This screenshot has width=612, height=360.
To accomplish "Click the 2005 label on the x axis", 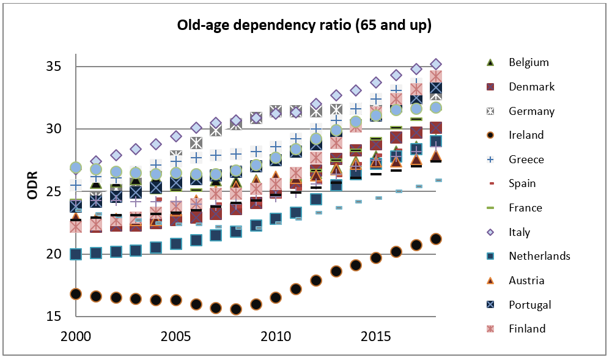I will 175,336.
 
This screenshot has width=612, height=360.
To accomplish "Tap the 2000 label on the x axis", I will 76,336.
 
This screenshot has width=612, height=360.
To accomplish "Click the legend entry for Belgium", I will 528,62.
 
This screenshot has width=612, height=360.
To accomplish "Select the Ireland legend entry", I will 526,135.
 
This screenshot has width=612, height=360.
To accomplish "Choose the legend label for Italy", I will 519,232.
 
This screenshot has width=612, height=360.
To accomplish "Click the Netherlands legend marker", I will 489,256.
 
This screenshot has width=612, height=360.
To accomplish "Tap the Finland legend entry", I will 527,329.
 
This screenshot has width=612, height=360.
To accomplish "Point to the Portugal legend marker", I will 489,305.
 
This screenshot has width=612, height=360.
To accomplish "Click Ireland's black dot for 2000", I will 76,294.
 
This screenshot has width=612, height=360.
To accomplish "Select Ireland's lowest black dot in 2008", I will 235,309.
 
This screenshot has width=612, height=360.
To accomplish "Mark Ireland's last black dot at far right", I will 436,239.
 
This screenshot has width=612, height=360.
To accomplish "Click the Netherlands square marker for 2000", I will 76,254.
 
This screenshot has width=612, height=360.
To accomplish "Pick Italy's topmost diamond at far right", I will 436,64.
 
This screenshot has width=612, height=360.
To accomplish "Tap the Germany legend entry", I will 531,111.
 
